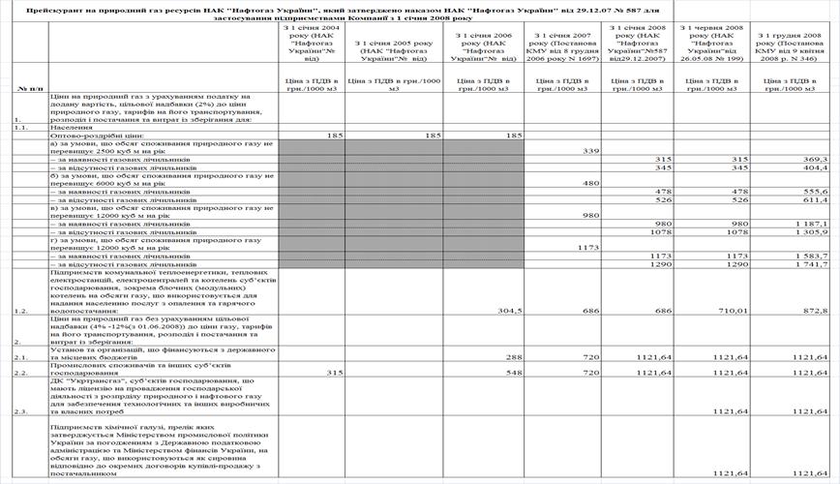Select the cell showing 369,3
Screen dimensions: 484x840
point(815,159)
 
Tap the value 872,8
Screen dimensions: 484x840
point(815,311)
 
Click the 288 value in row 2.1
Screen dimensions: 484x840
point(514,356)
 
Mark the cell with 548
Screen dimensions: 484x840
point(514,372)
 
